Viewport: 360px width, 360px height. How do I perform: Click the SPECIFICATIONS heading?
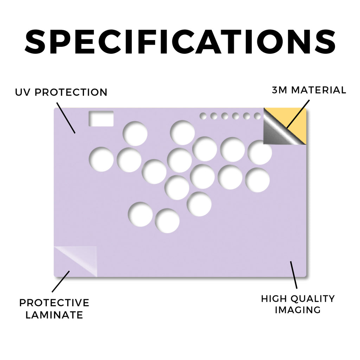[x=180, y=41]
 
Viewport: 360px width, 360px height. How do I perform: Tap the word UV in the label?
[x=22, y=92]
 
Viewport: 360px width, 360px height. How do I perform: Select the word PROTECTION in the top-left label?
[x=71, y=92]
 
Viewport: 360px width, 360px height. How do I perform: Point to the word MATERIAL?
[x=319, y=90]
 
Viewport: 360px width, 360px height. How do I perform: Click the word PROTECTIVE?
[x=54, y=303]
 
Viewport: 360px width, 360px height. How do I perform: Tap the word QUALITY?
[x=313, y=299]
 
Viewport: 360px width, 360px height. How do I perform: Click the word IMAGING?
[x=298, y=310]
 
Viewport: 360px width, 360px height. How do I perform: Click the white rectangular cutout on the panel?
[x=101, y=118]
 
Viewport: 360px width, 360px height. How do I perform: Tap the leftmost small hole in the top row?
[x=203, y=116]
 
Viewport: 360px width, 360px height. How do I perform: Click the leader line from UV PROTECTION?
[x=66, y=118]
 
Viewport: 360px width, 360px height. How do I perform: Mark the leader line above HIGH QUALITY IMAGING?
[x=294, y=275]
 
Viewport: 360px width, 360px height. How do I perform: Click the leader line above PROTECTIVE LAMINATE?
[x=60, y=282]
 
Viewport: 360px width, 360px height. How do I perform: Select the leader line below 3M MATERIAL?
[x=298, y=114]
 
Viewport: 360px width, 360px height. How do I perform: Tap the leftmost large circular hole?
[x=101, y=159]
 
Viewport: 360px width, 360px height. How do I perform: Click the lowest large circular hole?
[x=167, y=221]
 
